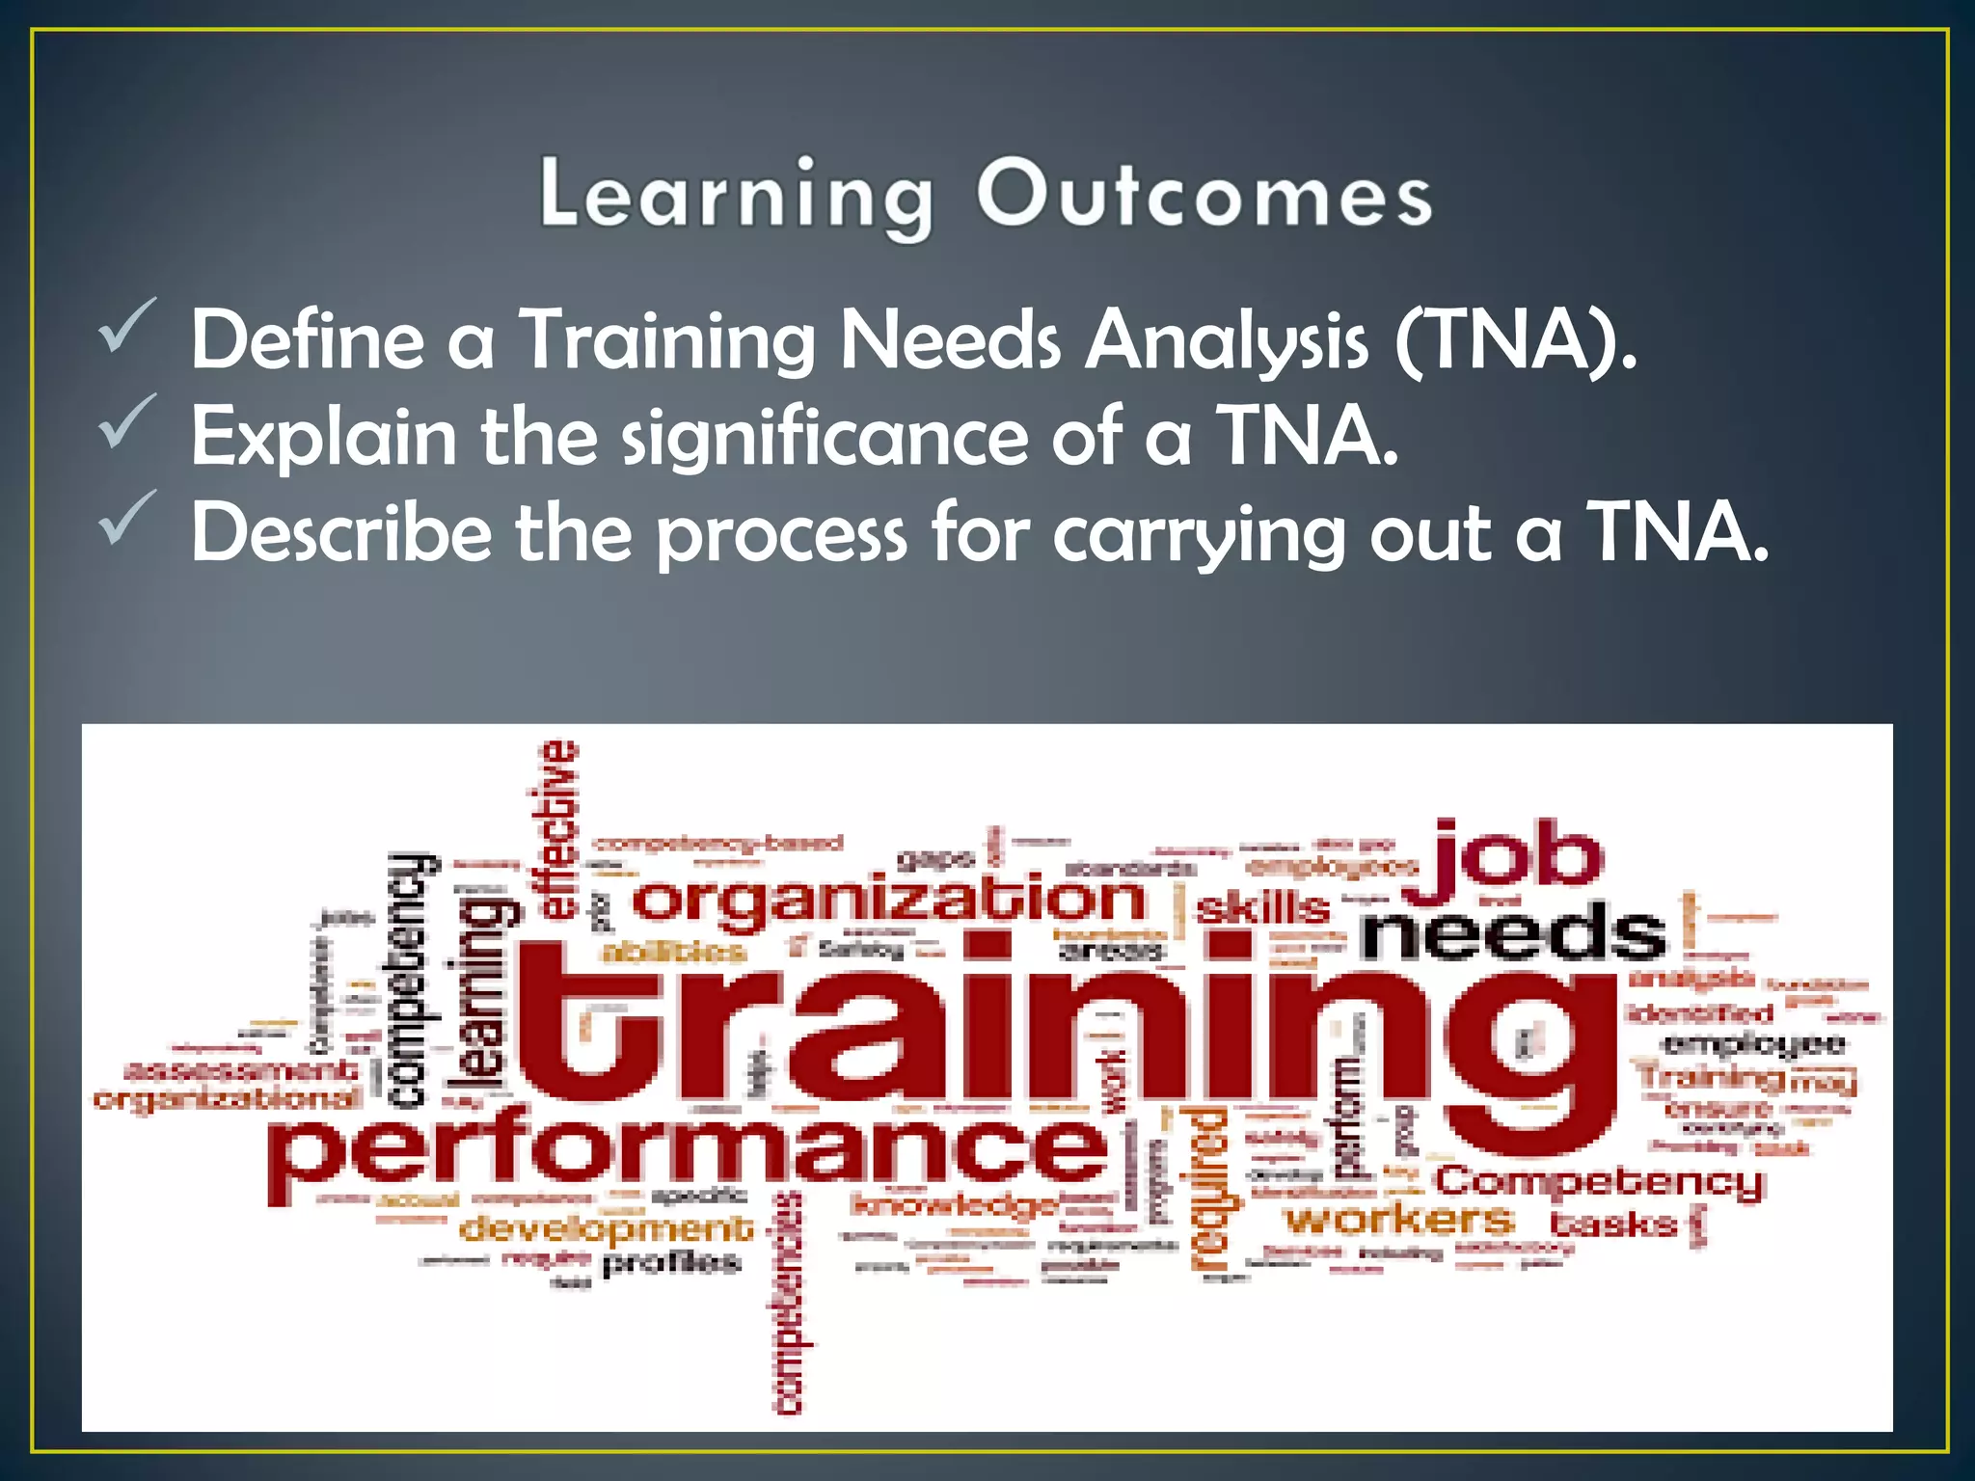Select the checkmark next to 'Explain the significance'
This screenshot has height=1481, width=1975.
pyautogui.click(x=126, y=421)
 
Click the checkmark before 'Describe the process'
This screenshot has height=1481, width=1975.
pyautogui.click(x=126, y=518)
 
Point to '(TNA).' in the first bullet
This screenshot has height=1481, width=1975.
pyautogui.click(x=1515, y=339)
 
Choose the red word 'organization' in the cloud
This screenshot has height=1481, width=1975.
pyautogui.click(x=888, y=901)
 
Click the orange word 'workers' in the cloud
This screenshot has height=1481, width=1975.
pyautogui.click(x=1398, y=1220)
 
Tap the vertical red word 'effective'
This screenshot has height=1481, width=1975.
pyautogui.click(x=556, y=829)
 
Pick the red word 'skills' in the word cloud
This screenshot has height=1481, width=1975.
pyautogui.click(x=1262, y=907)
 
